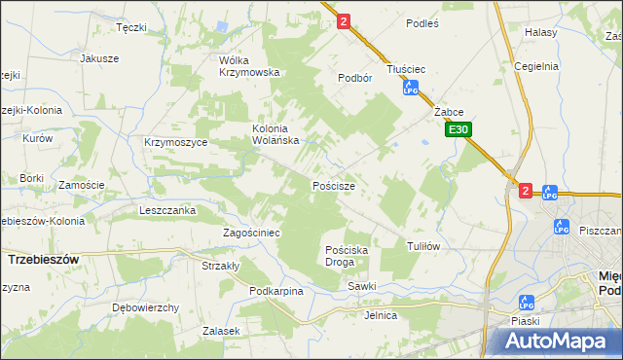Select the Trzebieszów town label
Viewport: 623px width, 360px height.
tap(43, 260)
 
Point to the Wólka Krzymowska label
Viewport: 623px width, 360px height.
tap(249, 65)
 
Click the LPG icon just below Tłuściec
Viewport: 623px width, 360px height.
tap(411, 90)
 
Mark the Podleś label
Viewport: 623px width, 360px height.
tap(422, 20)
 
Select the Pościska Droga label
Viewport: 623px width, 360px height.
tap(347, 256)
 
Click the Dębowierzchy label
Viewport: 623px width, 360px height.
tap(145, 307)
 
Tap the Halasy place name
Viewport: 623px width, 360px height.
tap(540, 32)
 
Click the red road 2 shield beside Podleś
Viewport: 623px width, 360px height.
tap(344, 20)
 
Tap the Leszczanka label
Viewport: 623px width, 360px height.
tap(168, 209)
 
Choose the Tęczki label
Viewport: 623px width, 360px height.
tap(130, 27)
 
